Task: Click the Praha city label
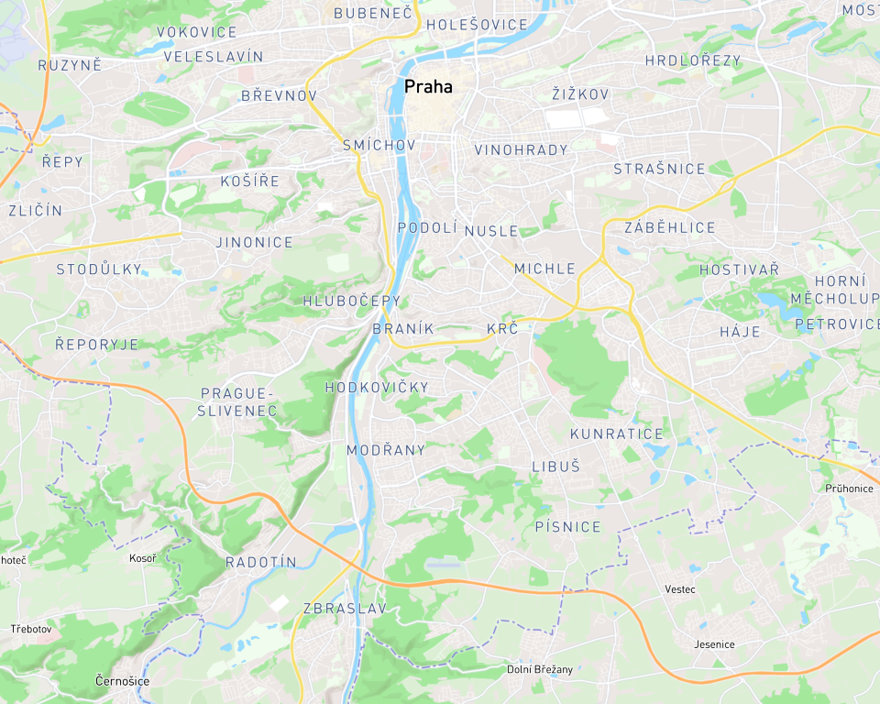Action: click(428, 86)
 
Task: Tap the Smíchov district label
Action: click(379, 145)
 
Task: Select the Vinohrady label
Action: click(521, 149)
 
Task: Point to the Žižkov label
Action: click(580, 94)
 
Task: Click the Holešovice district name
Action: click(477, 25)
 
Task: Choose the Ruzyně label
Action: click(70, 65)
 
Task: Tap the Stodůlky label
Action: click(99, 269)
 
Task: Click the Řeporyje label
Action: click(96, 344)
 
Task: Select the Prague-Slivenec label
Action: click(237, 401)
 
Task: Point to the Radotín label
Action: click(261, 562)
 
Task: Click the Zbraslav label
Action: click(345, 608)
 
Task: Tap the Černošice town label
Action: click(122, 680)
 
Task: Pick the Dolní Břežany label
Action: click(540, 669)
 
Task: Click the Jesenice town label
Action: click(714, 643)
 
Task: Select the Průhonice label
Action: click(849, 488)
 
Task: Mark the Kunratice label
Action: click(616, 434)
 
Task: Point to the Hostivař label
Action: click(739, 269)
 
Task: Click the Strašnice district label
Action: click(659, 169)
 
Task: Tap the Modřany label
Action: click(386, 449)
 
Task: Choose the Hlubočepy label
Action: click(352, 301)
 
